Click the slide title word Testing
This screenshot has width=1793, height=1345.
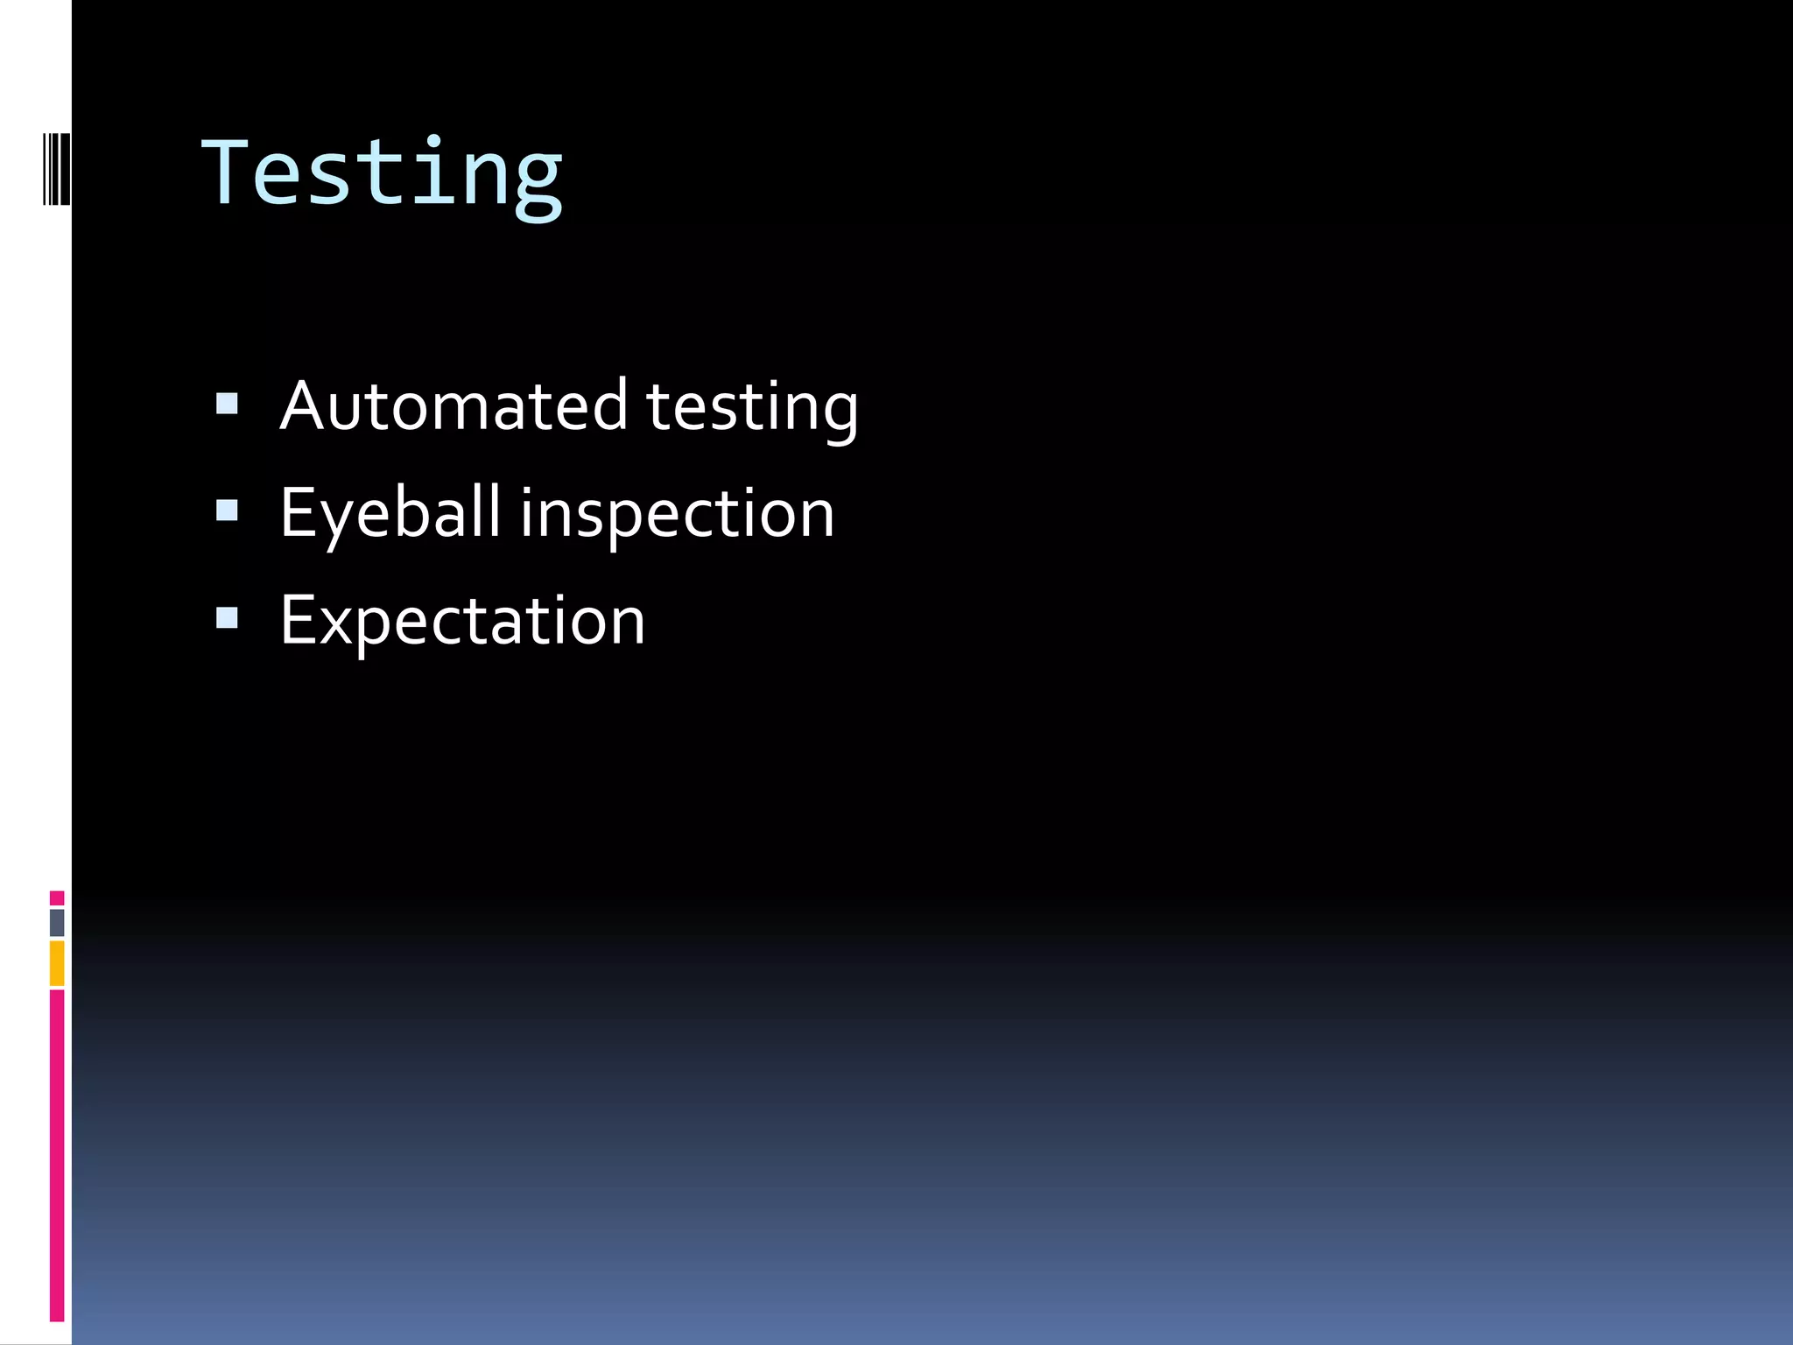pos(382,174)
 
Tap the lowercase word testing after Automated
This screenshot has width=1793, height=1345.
pos(752,408)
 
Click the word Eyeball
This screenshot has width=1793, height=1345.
pos(390,513)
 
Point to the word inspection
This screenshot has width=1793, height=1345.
pos(678,516)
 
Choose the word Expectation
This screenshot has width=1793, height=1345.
pos(462,622)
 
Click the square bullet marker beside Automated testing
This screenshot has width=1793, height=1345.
pos(227,404)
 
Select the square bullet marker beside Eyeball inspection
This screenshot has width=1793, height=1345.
pos(227,511)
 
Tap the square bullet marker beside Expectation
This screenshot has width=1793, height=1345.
pos(227,618)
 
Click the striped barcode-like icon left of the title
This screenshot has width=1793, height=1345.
pos(56,168)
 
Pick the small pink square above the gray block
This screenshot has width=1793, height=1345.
pos(57,898)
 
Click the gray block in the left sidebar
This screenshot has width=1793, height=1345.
pos(57,923)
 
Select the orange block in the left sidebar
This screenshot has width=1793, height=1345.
pos(57,963)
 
